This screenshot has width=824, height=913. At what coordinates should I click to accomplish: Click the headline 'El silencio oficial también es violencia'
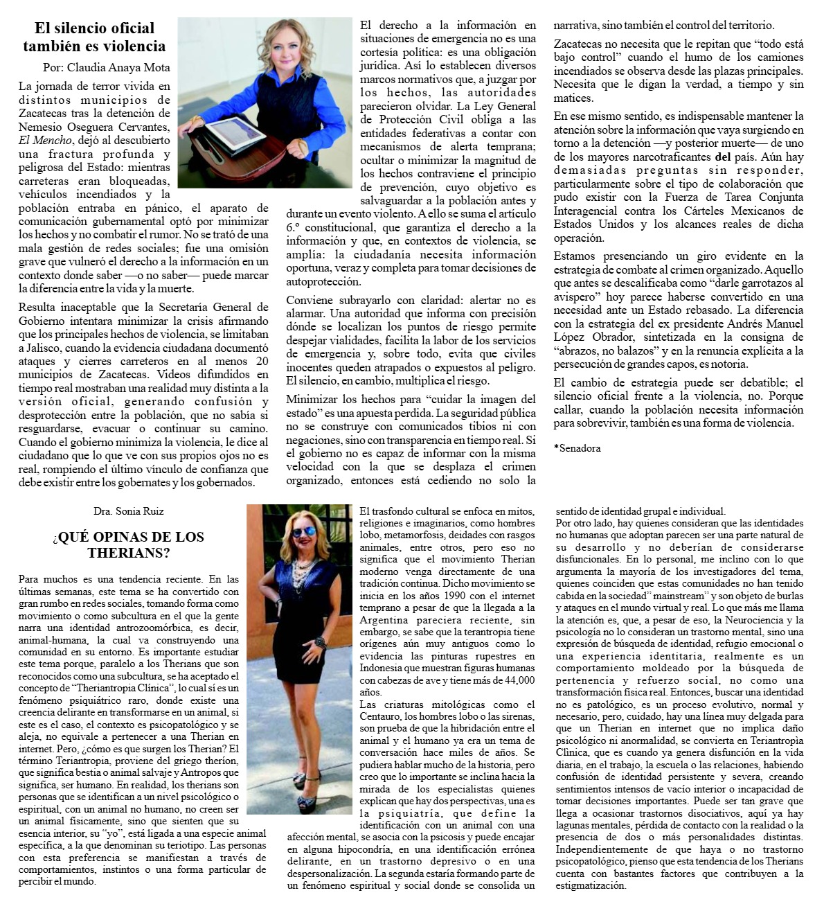click(94, 37)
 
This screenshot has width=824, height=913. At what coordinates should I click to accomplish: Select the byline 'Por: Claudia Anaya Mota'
click(106, 68)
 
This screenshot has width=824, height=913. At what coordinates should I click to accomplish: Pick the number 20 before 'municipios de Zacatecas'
click(262, 361)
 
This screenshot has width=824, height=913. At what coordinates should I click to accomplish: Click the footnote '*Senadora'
click(577, 448)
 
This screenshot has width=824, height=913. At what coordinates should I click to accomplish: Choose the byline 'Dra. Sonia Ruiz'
click(129, 511)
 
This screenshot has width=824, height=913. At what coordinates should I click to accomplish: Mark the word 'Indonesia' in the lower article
click(388, 668)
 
